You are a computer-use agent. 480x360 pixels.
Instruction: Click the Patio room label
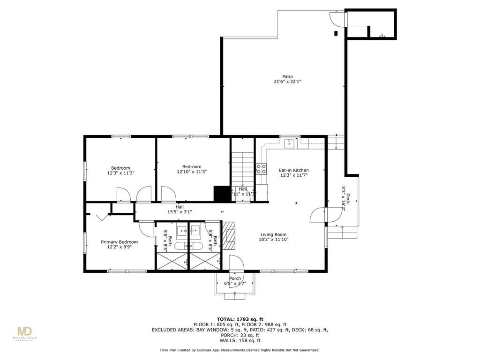[287, 76]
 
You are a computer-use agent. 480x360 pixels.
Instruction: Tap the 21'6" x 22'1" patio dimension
[287, 82]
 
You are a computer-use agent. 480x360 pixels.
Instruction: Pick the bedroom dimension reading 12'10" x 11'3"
[192, 172]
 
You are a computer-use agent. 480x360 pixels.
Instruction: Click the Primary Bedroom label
[119, 242]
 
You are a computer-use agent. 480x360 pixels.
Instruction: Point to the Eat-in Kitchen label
[294, 170]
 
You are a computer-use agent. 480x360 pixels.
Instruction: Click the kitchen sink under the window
[291, 142]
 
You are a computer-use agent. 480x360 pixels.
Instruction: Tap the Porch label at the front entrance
[235, 278]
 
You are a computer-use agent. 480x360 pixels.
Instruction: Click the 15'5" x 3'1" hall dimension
[180, 212]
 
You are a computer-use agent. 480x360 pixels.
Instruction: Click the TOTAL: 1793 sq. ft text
[240, 318]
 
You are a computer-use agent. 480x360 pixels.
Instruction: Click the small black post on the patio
[336, 33]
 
